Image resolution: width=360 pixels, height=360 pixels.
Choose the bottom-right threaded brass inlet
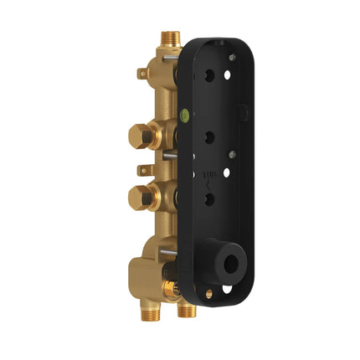188,311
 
